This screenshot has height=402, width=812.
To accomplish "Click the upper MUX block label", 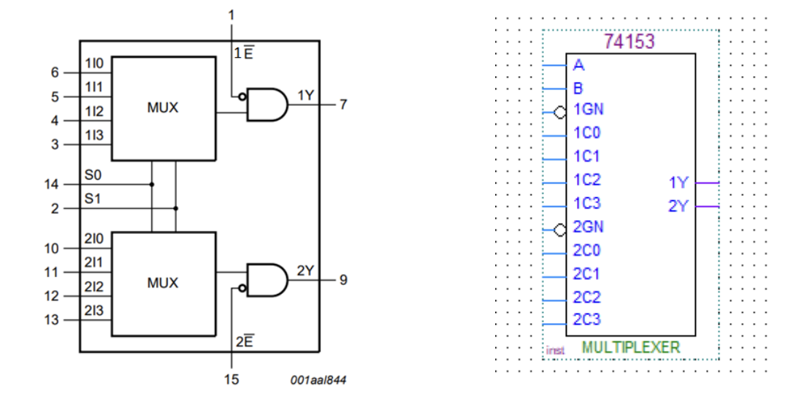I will pyautogui.click(x=162, y=108).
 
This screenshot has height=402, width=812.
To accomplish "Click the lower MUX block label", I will pyautogui.click(x=162, y=283).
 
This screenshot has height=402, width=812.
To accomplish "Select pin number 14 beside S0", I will pyautogui.click(x=52, y=184).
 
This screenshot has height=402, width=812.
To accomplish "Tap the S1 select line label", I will pyautogui.click(x=92, y=198).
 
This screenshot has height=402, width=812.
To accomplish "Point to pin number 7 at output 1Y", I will pyautogui.click(x=342, y=105).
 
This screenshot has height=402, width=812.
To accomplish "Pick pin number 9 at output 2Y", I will pyautogui.click(x=342, y=280).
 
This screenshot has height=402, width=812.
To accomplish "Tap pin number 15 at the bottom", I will pyautogui.click(x=232, y=379).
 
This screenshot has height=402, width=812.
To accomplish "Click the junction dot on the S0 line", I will pyautogui.click(x=152, y=184).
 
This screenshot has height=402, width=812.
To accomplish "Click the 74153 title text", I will pyautogui.click(x=629, y=42).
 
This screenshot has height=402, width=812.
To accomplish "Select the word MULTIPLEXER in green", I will pyautogui.click(x=630, y=347).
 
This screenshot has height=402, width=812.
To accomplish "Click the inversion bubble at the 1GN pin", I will pyautogui.click(x=560, y=113).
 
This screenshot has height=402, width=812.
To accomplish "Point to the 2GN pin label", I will pyautogui.click(x=589, y=227).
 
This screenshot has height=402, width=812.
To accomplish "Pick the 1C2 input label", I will pyautogui.click(x=586, y=180).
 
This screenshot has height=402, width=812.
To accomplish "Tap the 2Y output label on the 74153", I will pyautogui.click(x=678, y=206).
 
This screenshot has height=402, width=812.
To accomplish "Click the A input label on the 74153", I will pyautogui.click(x=579, y=66).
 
